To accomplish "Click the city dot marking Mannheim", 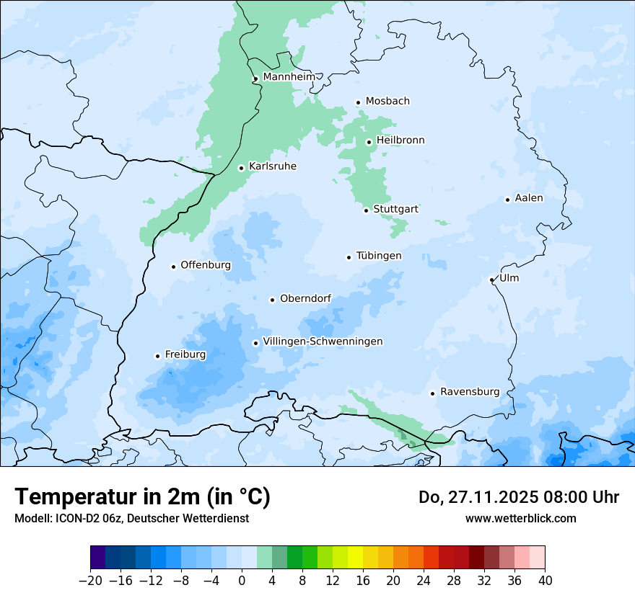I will pos(255,79).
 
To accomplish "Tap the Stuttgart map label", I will pos(395,209).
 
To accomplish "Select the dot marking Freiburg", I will pos(157,356).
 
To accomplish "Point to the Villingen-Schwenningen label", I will pos(323,342).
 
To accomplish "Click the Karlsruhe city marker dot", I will pos(242,168).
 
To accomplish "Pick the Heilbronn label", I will pos(400,140).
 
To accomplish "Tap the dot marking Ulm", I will pos(492,280).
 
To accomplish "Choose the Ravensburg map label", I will pos(469,392).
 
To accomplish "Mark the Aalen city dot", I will pos(507,200).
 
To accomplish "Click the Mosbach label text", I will pos(387,102).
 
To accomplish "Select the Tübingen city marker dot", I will pos(349,257).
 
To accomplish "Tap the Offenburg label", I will pos(206,265).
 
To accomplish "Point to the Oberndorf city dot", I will pos(272,300).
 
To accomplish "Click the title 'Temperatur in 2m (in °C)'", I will pos(142,496).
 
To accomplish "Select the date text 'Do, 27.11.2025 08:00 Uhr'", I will pos(518,497).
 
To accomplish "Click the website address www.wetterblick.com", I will pos(520,518).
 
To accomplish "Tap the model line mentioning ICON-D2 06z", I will pos(131,518).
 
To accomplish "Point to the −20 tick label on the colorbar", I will pos(90,581).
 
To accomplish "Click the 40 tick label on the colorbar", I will pos(545,581).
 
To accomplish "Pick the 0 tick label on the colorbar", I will pos(242,581).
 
